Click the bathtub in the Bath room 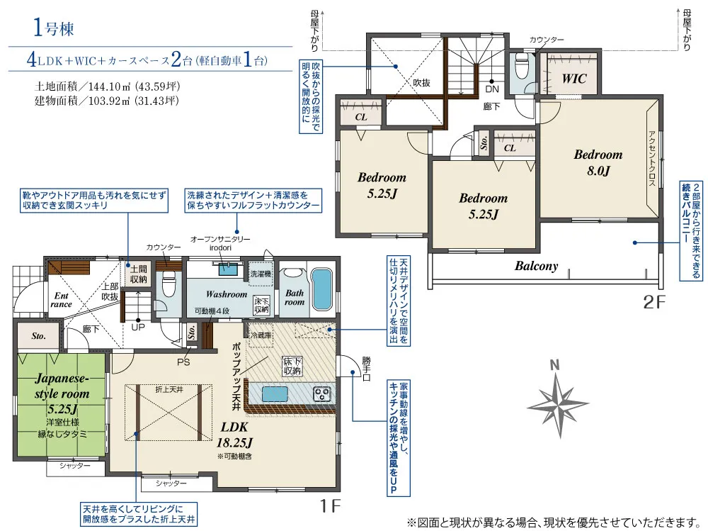[322, 289]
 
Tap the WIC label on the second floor [574, 79]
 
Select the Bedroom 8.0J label [598, 162]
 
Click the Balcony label [537, 266]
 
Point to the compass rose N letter [555, 365]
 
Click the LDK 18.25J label [234, 434]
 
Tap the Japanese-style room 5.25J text [62, 393]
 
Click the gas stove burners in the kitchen [323, 394]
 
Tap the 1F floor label [330, 505]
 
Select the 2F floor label [653, 302]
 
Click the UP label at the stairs [138, 327]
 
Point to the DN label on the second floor [492, 89]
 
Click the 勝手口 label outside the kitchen [366, 369]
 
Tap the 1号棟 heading [53, 28]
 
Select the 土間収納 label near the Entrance [139, 274]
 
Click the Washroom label [227, 294]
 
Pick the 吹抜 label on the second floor [422, 83]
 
